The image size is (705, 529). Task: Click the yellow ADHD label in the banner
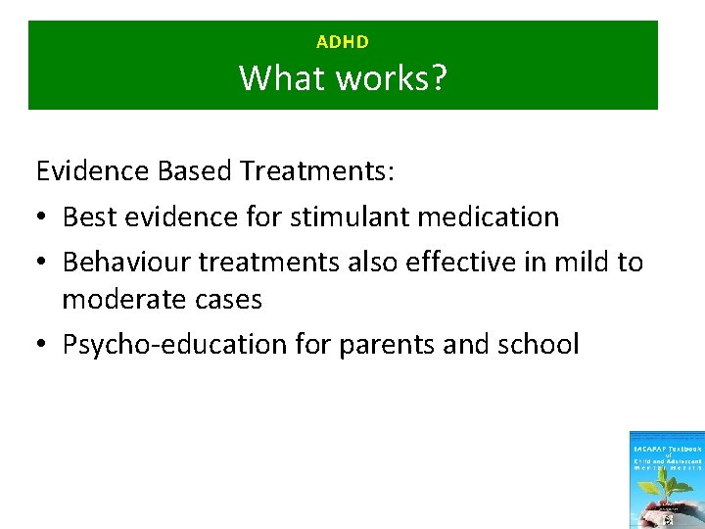click(x=343, y=42)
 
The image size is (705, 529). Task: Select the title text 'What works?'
click(x=343, y=77)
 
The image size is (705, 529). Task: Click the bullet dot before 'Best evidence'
click(x=43, y=217)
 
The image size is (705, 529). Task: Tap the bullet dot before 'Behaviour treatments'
click(x=43, y=263)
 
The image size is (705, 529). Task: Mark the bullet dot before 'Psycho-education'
click(x=43, y=345)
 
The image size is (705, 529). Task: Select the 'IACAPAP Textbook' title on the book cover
click(x=667, y=447)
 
